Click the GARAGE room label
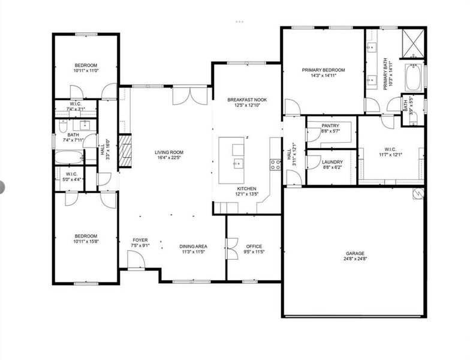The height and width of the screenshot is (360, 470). (x=354, y=253)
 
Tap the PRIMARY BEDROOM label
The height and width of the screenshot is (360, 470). (x=323, y=70)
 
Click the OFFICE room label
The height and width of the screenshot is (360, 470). (x=254, y=247)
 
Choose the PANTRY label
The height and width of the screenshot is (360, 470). (x=330, y=125)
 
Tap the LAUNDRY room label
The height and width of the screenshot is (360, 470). (x=332, y=162)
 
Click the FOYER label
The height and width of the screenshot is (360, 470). (x=140, y=239)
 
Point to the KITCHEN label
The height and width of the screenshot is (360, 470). (x=246, y=188)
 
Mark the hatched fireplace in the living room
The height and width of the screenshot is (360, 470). (x=125, y=151)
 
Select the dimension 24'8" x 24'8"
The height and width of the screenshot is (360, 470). (x=354, y=260)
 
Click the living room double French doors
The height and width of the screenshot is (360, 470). (x=182, y=96)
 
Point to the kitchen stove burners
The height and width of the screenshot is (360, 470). (x=276, y=164)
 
